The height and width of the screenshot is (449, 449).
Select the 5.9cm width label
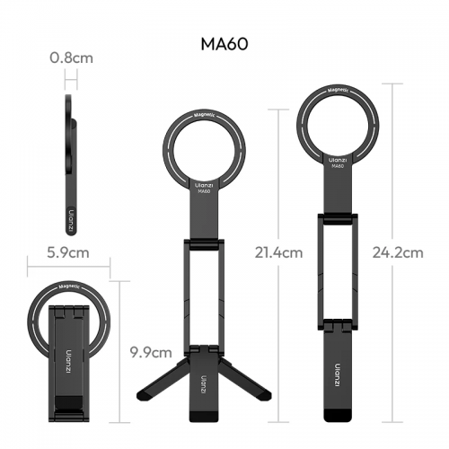tap(68, 252)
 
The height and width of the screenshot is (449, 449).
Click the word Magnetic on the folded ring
tap(68, 288)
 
